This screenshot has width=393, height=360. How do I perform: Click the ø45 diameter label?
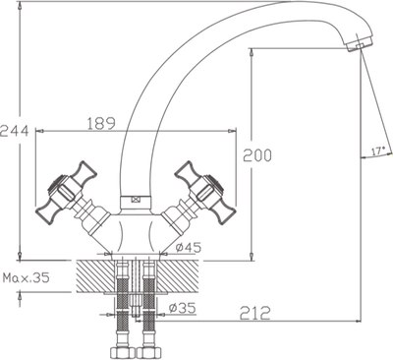[189, 247]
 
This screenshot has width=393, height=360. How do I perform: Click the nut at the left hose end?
[123, 348]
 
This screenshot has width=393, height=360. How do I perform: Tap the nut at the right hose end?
[149, 348]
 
